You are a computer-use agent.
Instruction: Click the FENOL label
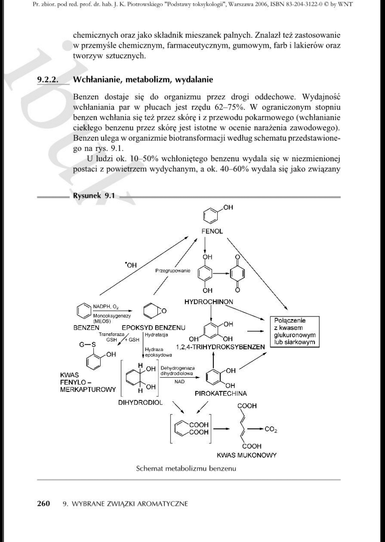tap(212, 231)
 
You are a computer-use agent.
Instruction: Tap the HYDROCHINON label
tap(209, 302)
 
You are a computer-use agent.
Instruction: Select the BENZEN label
tap(86, 328)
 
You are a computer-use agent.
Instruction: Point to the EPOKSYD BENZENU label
tap(153, 328)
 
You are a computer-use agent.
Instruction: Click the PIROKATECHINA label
tap(221, 393)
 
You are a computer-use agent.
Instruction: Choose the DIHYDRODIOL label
tap(140, 402)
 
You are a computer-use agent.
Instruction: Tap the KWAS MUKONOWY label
tap(247, 455)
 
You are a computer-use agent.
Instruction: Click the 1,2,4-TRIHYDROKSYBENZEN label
tap(221, 347)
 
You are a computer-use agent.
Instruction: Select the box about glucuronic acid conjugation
tap(294, 331)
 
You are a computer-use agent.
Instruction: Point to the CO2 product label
tap(271, 429)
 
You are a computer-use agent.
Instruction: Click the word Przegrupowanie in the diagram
tap(172, 271)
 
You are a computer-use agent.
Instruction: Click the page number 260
tap(43, 503)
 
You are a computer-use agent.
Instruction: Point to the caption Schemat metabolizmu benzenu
tap(186, 468)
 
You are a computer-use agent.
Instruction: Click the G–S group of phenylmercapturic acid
tap(88, 344)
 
